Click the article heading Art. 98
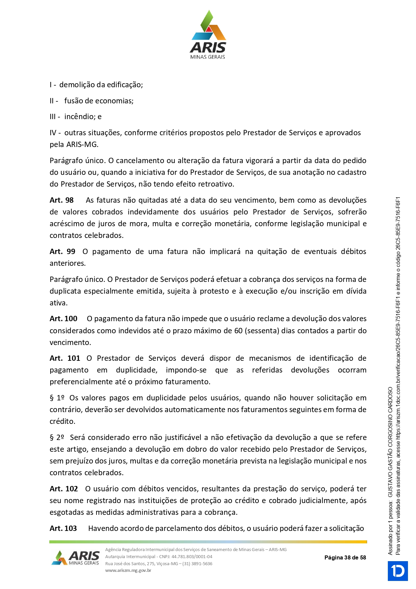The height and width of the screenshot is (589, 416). [62, 200]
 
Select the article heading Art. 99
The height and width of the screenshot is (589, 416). [62, 252]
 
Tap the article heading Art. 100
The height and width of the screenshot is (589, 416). [63, 319]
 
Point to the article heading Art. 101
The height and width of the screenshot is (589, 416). [65, 358]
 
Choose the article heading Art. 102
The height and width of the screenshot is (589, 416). [64, 489]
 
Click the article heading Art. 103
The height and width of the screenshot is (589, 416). [63, 529]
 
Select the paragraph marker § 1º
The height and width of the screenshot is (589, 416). [57, 398]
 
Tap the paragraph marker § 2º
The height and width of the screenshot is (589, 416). [57, 438]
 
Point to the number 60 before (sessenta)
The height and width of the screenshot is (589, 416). [238, 331]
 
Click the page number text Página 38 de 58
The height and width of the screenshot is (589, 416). [345, 558]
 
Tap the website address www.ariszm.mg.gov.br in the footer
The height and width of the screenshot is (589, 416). [128, 571]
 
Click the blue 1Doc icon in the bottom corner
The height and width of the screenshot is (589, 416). [398, 571]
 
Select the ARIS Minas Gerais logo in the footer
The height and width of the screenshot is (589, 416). [76, 558]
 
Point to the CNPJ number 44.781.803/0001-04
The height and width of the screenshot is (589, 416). [192, 557]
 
